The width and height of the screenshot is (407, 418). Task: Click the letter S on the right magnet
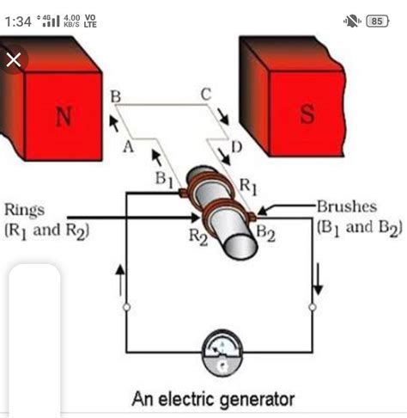(307, 116)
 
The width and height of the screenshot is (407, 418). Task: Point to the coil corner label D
(236, 149)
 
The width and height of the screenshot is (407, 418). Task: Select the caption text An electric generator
(213, 399)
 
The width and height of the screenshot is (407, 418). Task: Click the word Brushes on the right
(346, 208)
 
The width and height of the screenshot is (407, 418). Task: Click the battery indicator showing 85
(376, 21)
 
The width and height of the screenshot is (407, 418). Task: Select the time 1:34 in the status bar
(17, 21)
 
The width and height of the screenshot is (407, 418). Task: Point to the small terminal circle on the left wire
(127, 306)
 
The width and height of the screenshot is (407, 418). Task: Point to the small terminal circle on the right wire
(313, 306)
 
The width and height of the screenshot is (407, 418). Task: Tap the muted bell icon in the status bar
(350, 21)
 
